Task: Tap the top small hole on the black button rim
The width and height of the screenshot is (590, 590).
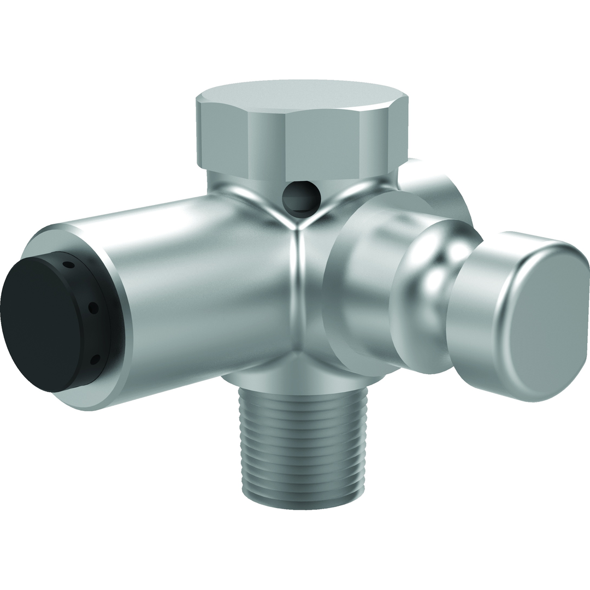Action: (68, 265)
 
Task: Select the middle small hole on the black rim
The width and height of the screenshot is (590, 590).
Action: (93, 308)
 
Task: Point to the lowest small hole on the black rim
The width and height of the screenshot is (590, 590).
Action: (95, 359)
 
